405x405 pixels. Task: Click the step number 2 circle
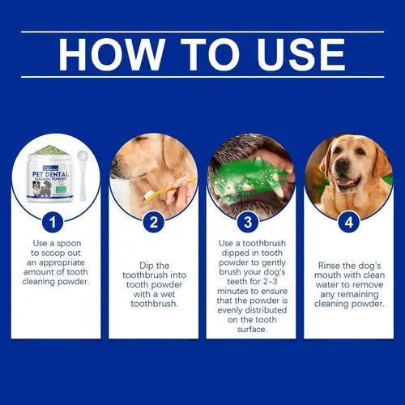(x=153, y=221)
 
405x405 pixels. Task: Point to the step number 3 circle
(x=250, y=221)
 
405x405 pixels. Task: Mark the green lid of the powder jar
(x=53, y=149)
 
